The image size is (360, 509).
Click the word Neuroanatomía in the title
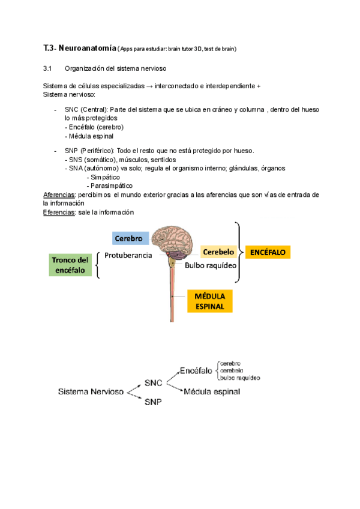87,48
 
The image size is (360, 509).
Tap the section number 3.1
49,68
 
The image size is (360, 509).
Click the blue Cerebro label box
130,238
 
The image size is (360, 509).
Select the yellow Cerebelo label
217,252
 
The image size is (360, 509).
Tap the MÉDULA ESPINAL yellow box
210,301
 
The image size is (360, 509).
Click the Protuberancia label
128,255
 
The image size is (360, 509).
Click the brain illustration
174,239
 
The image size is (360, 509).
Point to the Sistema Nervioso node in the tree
91,392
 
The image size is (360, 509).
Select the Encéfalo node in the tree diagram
196,371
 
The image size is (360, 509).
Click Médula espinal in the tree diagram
212,391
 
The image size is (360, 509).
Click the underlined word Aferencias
59,195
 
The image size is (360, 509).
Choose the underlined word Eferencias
59,212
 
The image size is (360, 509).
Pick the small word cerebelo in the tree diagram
231,371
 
